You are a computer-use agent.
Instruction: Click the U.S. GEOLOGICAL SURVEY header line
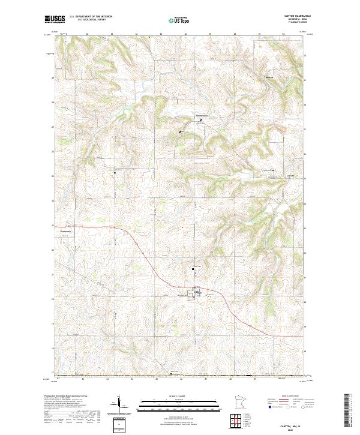pos(91,20)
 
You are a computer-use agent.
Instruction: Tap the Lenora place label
pos(290,176)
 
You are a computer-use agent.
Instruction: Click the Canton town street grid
pos(194,293)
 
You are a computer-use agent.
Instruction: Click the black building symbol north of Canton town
pos(192,269)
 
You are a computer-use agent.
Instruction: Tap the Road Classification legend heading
pos(286,397)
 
